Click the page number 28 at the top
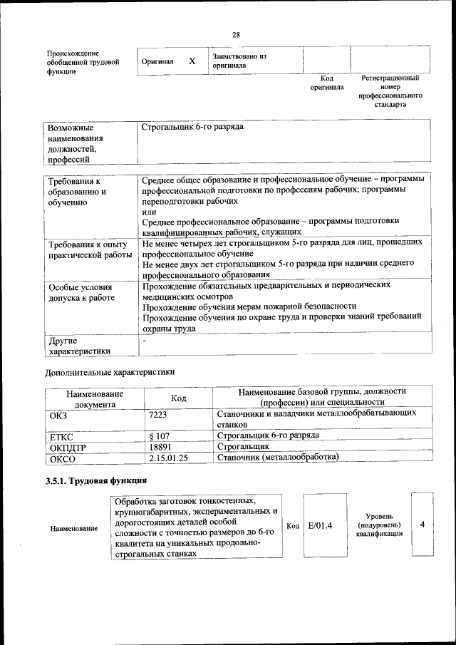click(x=236, y=35)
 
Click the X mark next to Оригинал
click(x=192, y=61)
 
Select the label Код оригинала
click(x=327, y=83)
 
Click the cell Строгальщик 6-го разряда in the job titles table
click(x=192, y=127)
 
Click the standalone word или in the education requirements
click(x=149, y=212)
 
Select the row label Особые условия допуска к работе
click(x=81, y=292)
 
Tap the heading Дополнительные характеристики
click(x=110, y=372)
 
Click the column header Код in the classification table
click(x=179, y=398)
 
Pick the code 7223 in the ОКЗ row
click(x=159, y=414)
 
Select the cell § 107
click(x=160, y=435)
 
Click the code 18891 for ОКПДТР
click(x=162, y=446)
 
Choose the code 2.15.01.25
click(x=168, y=458)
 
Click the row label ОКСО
click(x=63, y=458)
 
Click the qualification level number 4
click(x=423, y=525)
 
